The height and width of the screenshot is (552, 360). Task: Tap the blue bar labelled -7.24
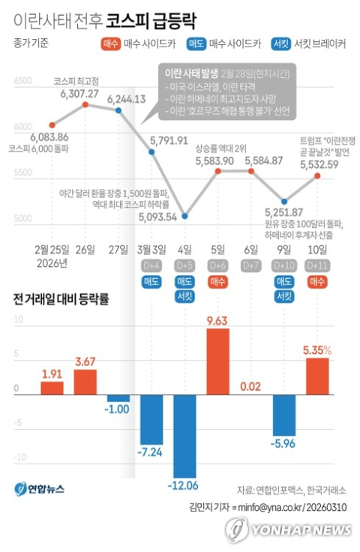point(151,420)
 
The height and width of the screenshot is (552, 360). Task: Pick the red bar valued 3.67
point(85,382)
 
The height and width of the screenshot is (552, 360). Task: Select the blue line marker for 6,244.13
point(118,110)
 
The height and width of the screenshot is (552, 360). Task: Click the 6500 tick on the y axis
point(22,79)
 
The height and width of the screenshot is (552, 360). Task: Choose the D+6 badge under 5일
point(217,265)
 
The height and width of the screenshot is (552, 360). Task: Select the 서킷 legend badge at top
point(282,43)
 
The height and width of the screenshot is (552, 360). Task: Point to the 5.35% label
point(317,349)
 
